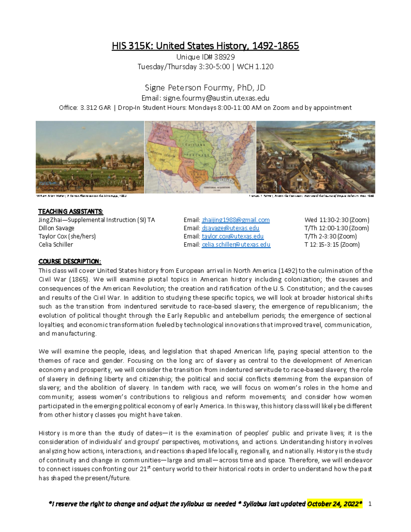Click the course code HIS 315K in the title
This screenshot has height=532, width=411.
pos(132,46)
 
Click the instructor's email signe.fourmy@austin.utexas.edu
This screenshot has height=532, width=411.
pos(216,98)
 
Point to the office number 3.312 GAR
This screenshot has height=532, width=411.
pos(95,108)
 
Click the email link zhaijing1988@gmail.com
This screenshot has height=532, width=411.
pos(236,220)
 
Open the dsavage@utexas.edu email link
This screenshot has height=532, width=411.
pos(230,228)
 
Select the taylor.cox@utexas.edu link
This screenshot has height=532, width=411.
pos(233,236)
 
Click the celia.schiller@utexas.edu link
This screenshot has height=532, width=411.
pos(236,245)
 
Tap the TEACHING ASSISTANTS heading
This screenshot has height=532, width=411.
pos(71,211)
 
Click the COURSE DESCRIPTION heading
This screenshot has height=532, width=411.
pos(70,261)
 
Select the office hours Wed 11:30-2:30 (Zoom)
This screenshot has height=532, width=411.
pos(337,220)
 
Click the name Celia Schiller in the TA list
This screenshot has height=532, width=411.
pos(56,245)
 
